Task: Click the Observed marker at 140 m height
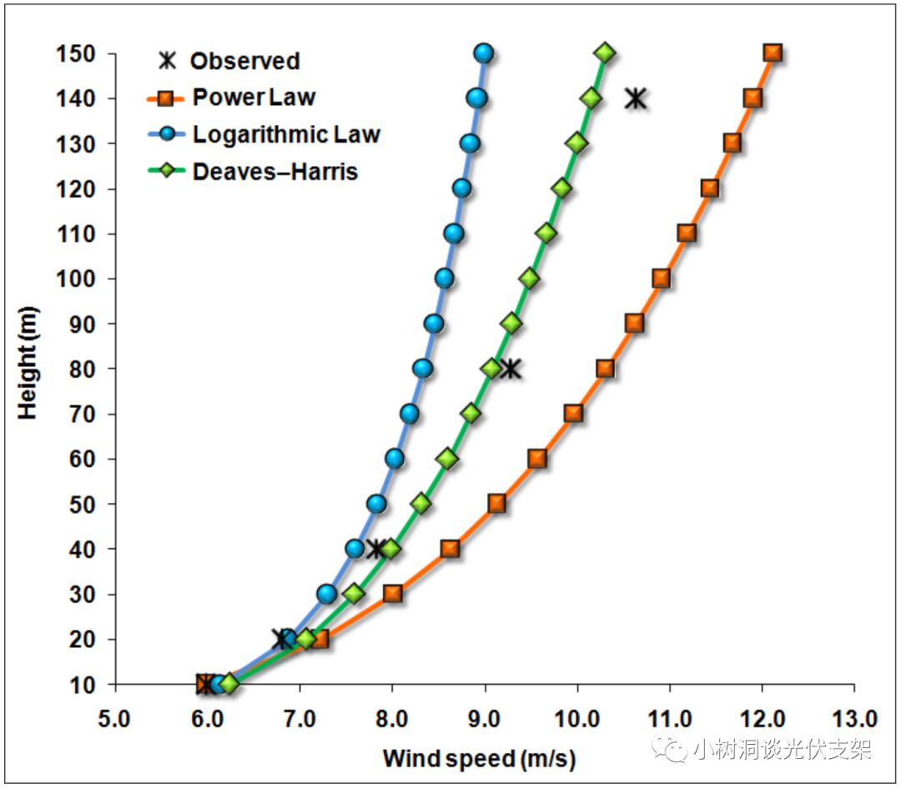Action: [x=636, y=98]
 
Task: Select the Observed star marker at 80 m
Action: [x=510, y=368]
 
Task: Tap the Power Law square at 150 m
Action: [x=773, y=53]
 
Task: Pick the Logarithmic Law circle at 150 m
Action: [x=484, y=53]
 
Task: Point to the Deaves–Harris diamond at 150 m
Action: [x=605, y=53]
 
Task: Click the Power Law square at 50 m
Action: [x=496, y=503]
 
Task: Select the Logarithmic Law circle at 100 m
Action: [x=445, y=278]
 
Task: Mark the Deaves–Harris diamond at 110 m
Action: [x=546, y=233]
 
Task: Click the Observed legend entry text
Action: [x=244, y=61]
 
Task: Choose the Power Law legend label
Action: [x=254, y=97]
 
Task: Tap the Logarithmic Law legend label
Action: [x=286, y=134]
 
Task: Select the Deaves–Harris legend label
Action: [x=275, y=172]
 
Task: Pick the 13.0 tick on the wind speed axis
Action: [x=853, y=718]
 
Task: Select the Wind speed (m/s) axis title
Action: [x=479, y=759]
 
